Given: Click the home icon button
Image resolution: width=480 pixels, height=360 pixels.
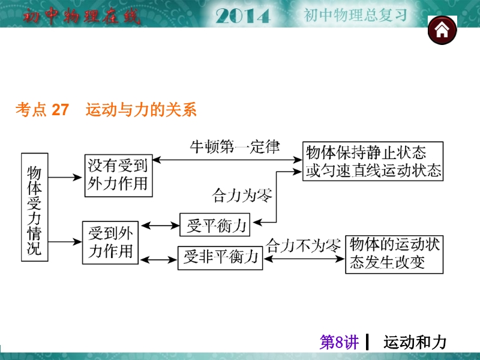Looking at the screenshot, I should click(442, 30).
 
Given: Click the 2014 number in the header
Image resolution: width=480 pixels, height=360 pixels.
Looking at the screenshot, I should click(242, 16).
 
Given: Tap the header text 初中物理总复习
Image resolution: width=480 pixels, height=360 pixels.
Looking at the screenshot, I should click(355, 15).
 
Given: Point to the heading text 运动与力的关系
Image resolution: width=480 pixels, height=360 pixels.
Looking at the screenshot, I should click(142, 110).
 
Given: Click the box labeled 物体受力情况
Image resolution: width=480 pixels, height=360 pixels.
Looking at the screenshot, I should click(34, 207).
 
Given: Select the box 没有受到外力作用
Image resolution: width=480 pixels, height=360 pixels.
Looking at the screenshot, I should click(118, 175).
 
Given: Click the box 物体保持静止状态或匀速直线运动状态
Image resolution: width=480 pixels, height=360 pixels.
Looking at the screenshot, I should click(373, 161).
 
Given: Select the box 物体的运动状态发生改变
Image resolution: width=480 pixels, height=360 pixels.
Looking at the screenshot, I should click(394, 254).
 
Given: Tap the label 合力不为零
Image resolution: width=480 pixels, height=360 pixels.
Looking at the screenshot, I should click(304, 245).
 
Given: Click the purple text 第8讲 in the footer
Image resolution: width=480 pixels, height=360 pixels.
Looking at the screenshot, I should click(339, 343).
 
